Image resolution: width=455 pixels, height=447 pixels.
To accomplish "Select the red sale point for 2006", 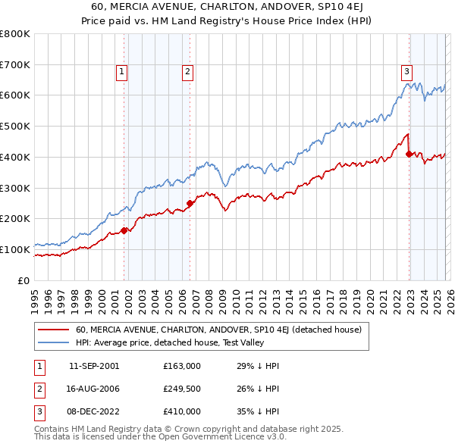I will [x=190, y=203].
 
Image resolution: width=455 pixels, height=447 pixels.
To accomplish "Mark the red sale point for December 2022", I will [x=409, y=154].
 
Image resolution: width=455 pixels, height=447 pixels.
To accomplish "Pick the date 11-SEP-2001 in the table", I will [x=94, y=366].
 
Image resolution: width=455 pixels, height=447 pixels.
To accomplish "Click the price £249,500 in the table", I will [x=181, y=389].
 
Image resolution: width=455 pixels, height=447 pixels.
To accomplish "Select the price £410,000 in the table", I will [x=181, y=411].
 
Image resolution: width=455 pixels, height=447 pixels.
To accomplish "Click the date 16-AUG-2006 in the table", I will [x=94, y=389].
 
